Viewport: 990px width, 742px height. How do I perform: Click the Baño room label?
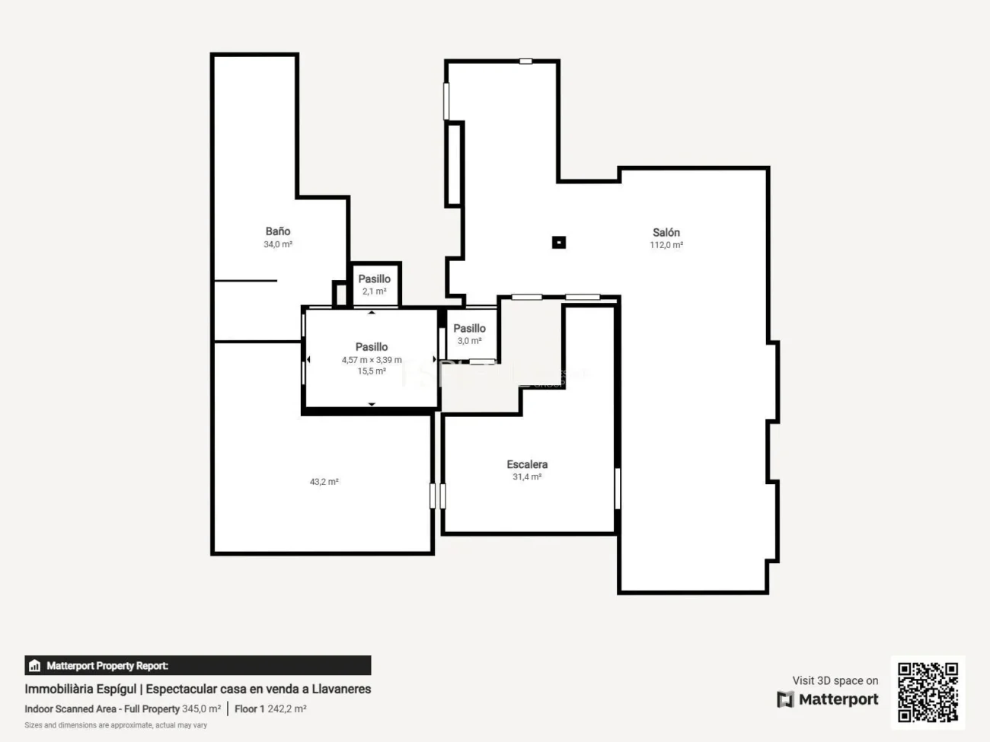(x=278, y=231)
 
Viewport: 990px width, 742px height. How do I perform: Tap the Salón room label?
(x=666, y=233)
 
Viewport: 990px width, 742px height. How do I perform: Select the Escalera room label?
(x=527, y=464)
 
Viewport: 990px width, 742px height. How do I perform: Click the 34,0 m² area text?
(x=278, y=244)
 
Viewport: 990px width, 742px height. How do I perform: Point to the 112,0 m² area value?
(x=666, y=245)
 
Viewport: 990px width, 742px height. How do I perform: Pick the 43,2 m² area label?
(x=324, y=482)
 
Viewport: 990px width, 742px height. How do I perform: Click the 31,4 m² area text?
(x=527, y=477)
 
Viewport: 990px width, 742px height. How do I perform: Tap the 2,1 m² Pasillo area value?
(x=375, y=291)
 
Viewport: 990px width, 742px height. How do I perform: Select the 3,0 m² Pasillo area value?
(x=470, y=341)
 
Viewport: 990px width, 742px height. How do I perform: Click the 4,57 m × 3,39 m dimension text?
(x=372, y=360)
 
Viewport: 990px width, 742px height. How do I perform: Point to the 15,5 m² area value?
(x=372, y=371)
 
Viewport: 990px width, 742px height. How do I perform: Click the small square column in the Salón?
(x=559, y=243)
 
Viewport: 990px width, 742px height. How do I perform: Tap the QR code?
(x=928, y=692)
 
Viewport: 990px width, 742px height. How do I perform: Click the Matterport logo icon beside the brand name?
(x=785, y=699)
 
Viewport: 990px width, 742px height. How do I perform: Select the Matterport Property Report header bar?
(x=198, y=666)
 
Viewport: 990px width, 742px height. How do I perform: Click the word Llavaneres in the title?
(x=341, y=689)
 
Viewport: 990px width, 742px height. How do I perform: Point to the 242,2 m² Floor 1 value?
(x=287, y=709)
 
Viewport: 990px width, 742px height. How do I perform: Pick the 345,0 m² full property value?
(x=201, y=709)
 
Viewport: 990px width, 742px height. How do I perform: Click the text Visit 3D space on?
(x=835, y=680)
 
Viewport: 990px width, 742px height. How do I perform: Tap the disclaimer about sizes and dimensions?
(x=116, y=725)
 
